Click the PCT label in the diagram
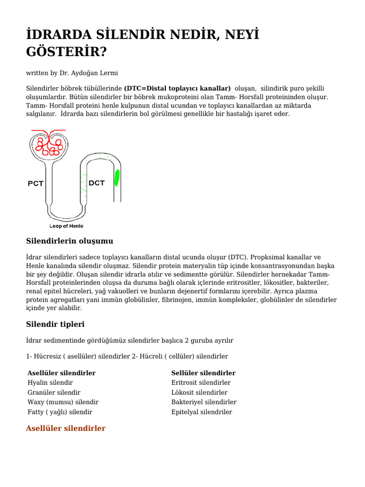36,184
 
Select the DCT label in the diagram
96,183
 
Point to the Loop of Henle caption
67,226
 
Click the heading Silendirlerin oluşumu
69,241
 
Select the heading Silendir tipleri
55,324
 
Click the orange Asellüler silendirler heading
66,429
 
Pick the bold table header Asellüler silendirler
62,373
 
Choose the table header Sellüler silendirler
203,373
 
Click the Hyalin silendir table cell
50,382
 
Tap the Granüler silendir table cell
54,392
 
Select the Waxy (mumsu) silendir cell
63,402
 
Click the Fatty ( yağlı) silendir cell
60,412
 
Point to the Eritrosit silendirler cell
201,382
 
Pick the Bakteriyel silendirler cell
204,402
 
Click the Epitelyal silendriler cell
202,412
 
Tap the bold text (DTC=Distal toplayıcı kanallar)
177,88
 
